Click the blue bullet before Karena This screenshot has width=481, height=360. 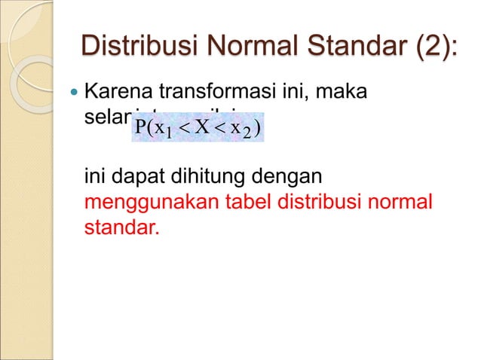73,96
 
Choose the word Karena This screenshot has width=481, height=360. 118,96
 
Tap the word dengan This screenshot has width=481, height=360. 290,179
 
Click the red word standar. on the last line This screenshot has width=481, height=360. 121,226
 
